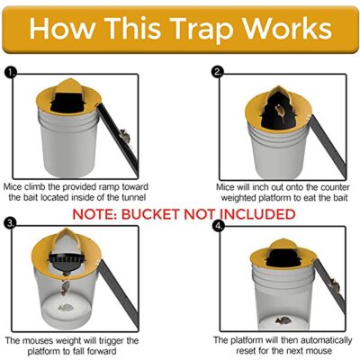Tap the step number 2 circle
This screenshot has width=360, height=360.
pos(217,71)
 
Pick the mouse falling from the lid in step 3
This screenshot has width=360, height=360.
pos(67,286)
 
